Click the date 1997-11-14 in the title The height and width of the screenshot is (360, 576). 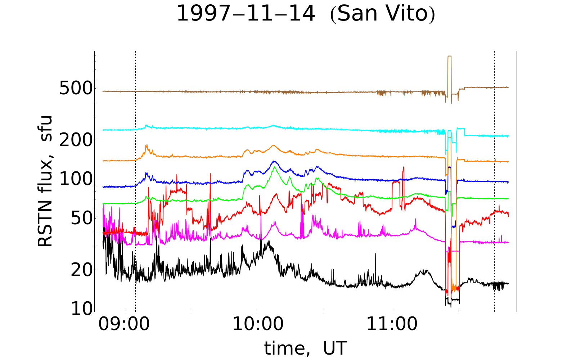246,14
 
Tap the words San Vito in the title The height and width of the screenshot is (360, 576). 382,14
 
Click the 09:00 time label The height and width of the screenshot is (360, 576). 124,325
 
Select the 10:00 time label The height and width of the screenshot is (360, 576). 258,325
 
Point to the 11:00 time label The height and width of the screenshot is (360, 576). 392,325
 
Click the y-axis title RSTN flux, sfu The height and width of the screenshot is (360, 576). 45,181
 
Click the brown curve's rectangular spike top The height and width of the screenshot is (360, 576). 449,57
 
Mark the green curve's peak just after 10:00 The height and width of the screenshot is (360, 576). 274,167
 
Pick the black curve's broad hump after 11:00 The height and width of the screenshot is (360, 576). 425,271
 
